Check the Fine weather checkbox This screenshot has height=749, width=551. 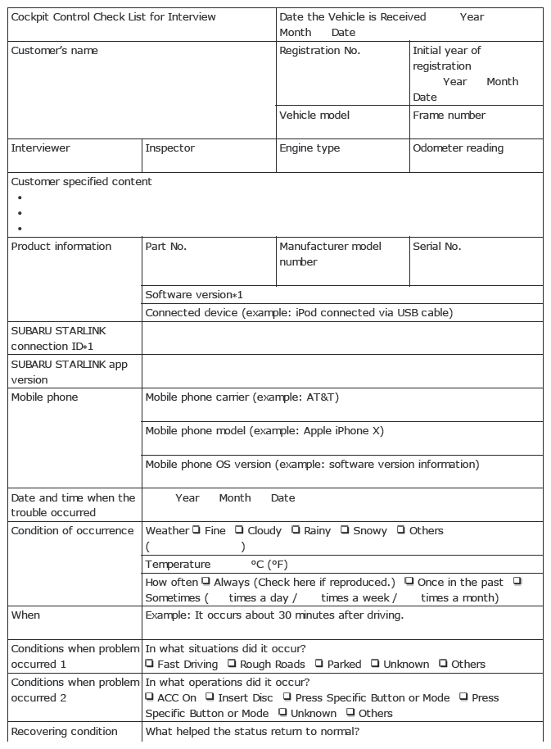196,530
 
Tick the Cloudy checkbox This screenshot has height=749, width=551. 239,530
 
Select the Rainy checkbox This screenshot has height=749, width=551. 296,530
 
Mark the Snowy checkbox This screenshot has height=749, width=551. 345,530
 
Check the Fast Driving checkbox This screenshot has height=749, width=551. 150,664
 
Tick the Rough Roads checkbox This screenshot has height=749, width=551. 232,664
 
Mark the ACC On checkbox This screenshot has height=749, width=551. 150,697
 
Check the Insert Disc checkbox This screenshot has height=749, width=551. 210,697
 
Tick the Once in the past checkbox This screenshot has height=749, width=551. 409,581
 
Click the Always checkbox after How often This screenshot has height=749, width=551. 205,581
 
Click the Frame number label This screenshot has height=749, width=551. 449,116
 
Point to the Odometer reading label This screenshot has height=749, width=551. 458,148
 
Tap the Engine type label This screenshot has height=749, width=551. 309,148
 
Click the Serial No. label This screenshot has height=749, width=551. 437,246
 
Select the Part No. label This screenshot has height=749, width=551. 165,246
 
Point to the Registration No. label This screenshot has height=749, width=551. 319,51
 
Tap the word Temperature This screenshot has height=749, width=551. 178,565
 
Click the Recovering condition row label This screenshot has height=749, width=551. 64,732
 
